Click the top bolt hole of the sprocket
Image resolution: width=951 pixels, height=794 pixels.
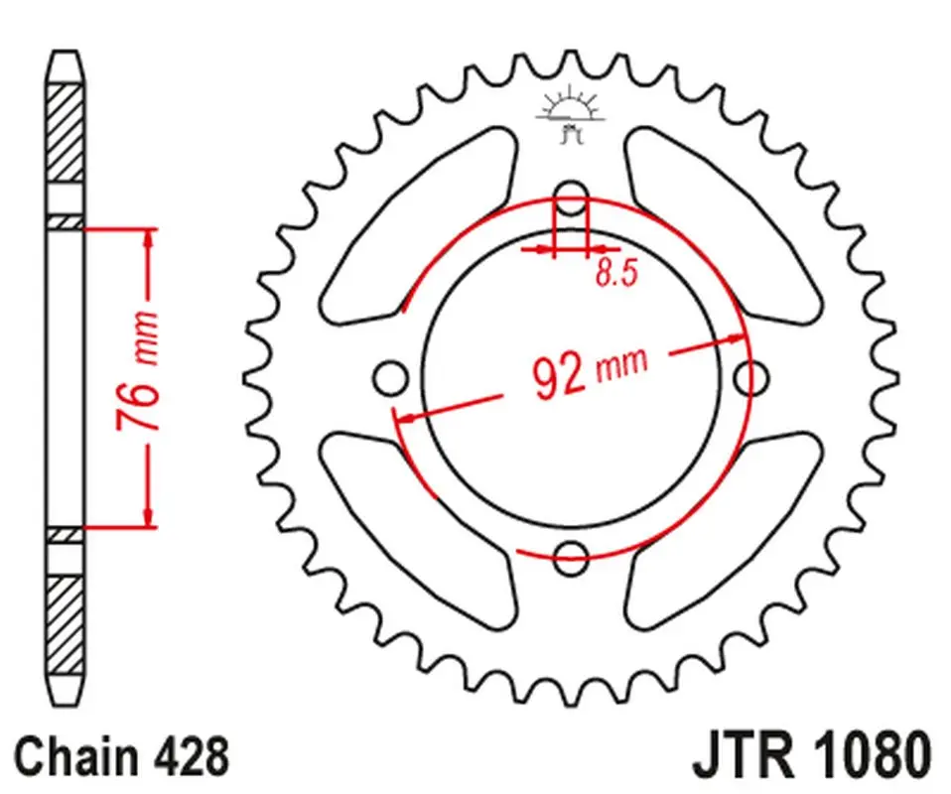571,198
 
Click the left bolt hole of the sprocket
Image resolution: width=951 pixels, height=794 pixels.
390,378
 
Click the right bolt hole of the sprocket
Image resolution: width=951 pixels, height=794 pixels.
750,378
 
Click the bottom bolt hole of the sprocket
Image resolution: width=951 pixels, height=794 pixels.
571,558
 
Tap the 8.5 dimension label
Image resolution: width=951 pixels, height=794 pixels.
616,272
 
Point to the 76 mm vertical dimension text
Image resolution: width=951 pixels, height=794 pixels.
138,370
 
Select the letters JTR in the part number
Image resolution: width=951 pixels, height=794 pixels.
744,756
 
